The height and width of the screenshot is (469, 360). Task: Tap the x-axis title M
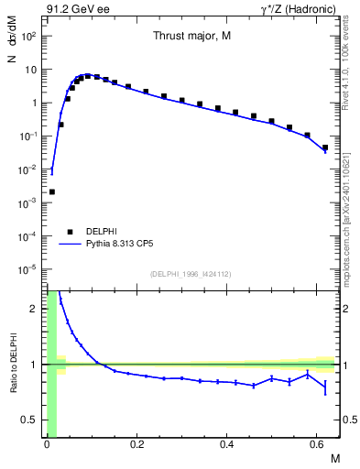[x=334, y=455]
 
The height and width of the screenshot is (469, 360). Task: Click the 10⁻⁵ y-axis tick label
[x=27, y=269]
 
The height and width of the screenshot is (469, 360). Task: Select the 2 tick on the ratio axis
[x=34, y=309]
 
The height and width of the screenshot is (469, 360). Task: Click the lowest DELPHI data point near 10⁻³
[x=52, y=191]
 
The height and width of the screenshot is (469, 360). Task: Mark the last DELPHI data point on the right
[x=325, y=147]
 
